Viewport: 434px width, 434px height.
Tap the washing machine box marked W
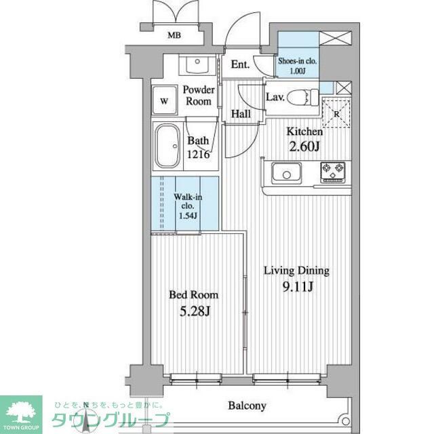[x=163, y=102]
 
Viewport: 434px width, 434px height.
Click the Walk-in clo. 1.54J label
[x=187, y=205]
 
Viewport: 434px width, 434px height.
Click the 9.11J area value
[x=296, y=287]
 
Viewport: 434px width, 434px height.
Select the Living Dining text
[x=296, y=271]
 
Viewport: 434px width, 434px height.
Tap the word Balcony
[x=246, y=406]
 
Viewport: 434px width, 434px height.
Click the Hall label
[x=241, y=114]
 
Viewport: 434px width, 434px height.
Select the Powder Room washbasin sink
[x=198, y=66]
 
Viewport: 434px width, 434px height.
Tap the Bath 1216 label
[x=199, y=147]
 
